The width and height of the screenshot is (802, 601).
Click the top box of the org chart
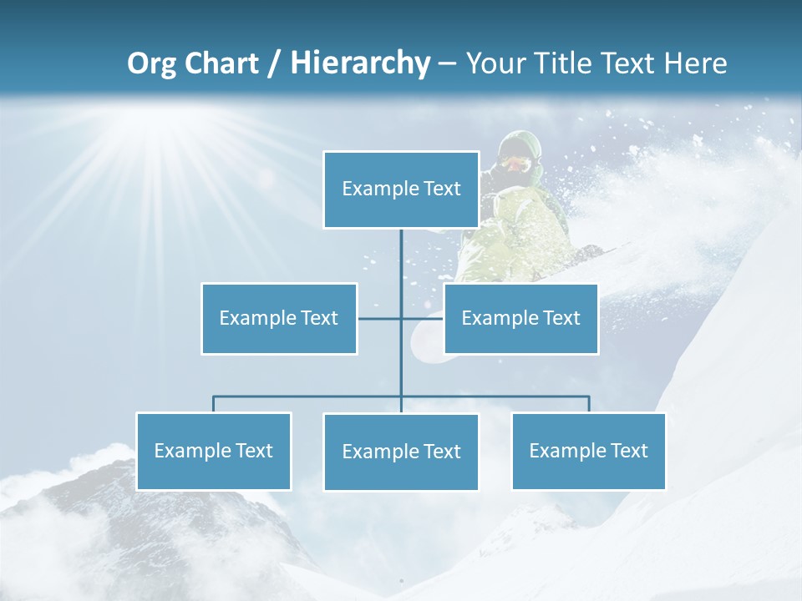(401, 189)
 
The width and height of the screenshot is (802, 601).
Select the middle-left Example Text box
(279, 319)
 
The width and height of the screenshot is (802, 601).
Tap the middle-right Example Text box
(520, 319)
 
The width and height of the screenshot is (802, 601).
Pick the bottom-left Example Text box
(214, 452)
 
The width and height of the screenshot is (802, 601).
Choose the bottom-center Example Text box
(401, 452)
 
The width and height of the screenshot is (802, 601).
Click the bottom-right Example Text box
(589, 452)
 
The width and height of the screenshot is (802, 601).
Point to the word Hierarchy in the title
(360, 63)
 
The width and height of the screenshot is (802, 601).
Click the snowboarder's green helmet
(521, 144)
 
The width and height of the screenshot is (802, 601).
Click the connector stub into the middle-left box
(378, 319)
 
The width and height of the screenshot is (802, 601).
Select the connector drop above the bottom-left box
(214, 404)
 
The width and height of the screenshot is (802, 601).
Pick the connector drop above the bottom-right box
(589, 404)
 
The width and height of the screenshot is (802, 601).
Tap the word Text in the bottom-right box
(628, 452)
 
